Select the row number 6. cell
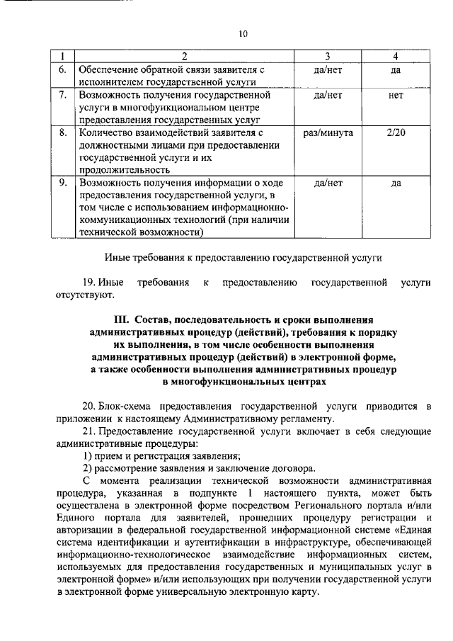[x=63, y=70]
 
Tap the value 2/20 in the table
[x=396, y=132]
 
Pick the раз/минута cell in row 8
[x=328, y=132]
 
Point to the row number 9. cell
[x=63, y=182]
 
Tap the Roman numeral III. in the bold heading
[x=125, y=319]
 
